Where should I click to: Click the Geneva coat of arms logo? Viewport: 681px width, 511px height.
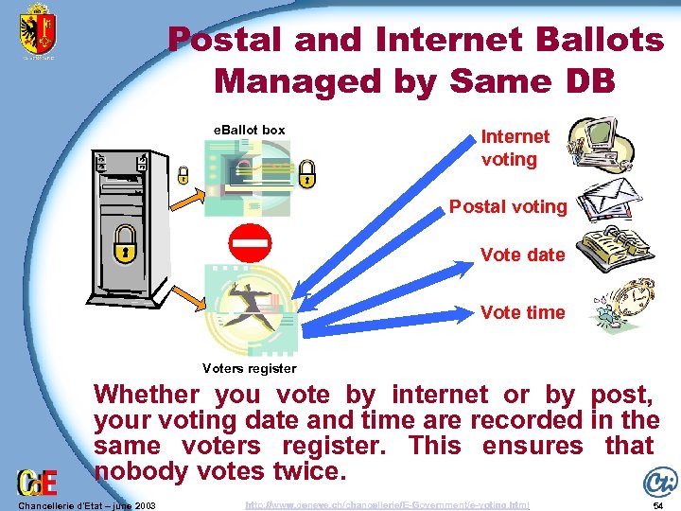(38, 29)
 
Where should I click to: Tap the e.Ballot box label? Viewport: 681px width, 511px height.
(248, 130)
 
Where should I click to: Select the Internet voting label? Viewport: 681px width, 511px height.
(515, 149)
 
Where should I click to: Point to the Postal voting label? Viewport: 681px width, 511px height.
(508, 206)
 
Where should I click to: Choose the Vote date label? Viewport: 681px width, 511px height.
(522, 255)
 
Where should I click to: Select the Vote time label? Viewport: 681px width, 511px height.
(522, 312)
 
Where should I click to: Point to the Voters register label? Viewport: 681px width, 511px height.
(250, 368)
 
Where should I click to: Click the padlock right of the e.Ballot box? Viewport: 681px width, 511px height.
(306, 173)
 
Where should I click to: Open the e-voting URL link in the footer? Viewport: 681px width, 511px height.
(387, 505)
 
